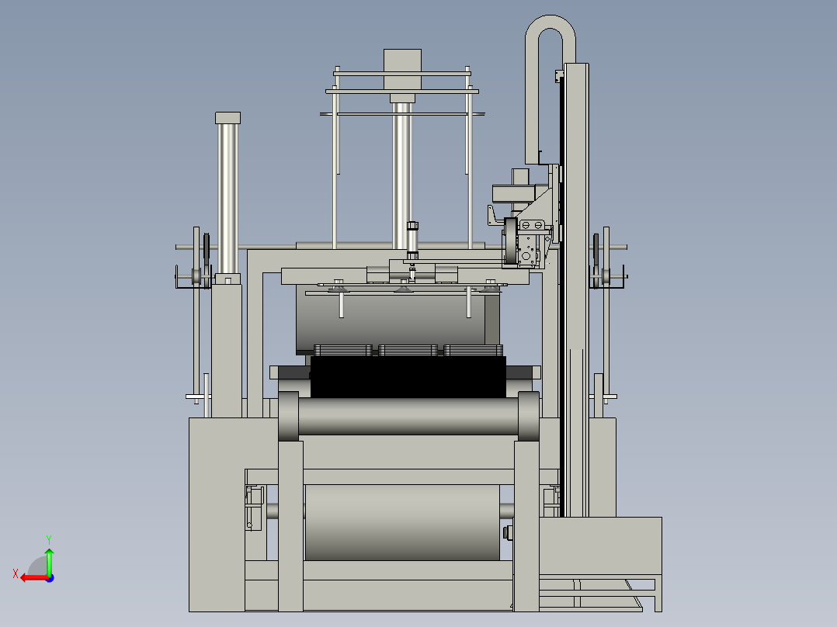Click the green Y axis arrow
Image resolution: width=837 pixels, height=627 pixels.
(49, 561)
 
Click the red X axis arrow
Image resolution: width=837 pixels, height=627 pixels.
(34, 577)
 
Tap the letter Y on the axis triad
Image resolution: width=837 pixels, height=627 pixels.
(49, 539)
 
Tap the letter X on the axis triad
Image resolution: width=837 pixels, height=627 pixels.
(16, 573)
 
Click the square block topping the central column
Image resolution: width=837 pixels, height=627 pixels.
(402, 69)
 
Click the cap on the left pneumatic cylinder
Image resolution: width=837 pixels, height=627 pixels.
(228, 118)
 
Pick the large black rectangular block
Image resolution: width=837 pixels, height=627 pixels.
(408, 376)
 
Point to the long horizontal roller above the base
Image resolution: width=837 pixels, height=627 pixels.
(408, 416)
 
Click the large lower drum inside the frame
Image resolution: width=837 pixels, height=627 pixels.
(402, 522)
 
